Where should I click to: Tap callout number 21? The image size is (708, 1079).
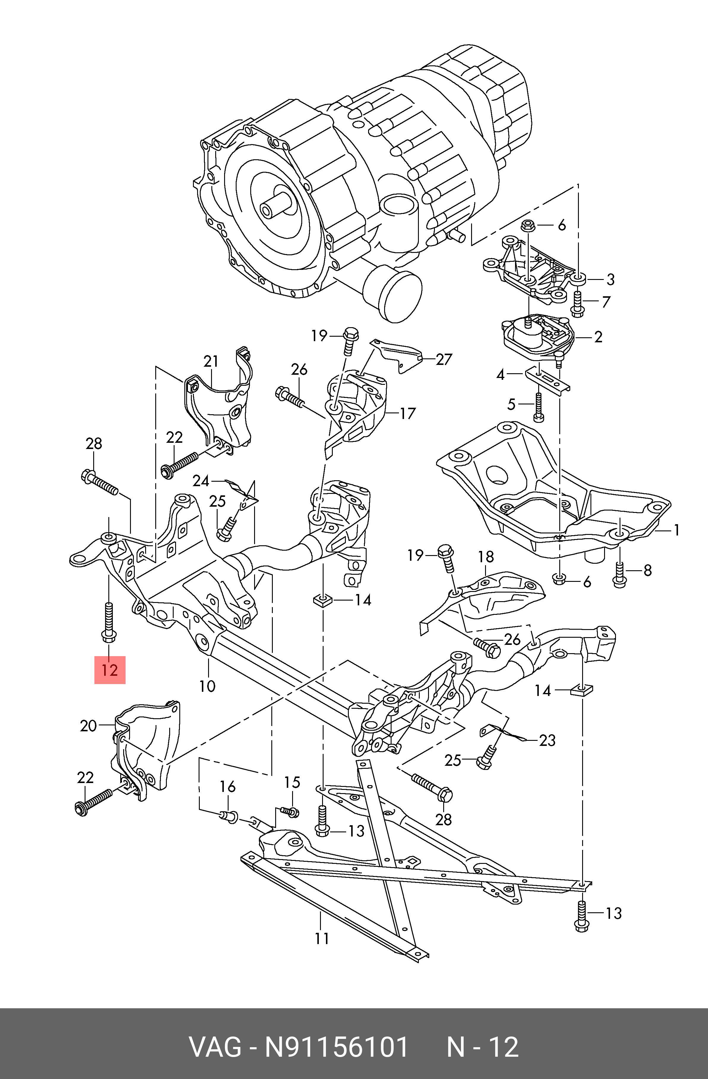(x=211, y=362)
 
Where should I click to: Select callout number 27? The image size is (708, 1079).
(x=444, y=360)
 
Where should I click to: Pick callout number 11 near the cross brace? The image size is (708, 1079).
(x=321, y=938)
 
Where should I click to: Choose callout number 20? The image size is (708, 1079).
(x=88, y=726)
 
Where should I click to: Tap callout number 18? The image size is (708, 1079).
(x=486, y=557)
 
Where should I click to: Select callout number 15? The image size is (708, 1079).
(x=292, y=782)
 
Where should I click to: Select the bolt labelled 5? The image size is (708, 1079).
(x=538, y=407)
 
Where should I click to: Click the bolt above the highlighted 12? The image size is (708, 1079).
(x=109, y=622)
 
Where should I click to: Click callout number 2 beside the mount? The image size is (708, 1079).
(x=598, y=337)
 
